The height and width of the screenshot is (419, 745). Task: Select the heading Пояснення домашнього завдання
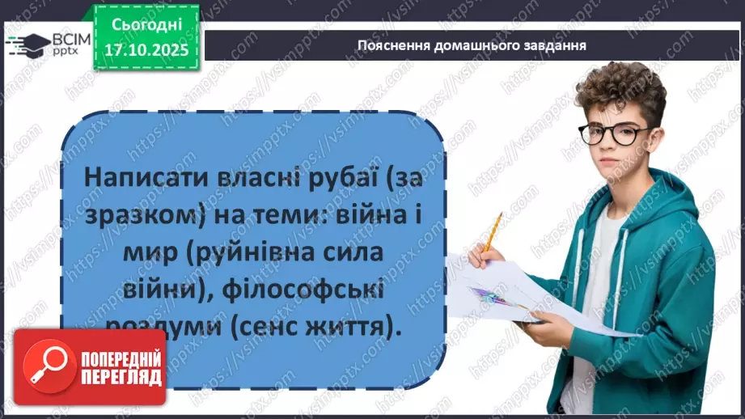pyautogui.click(x=472, y=45)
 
